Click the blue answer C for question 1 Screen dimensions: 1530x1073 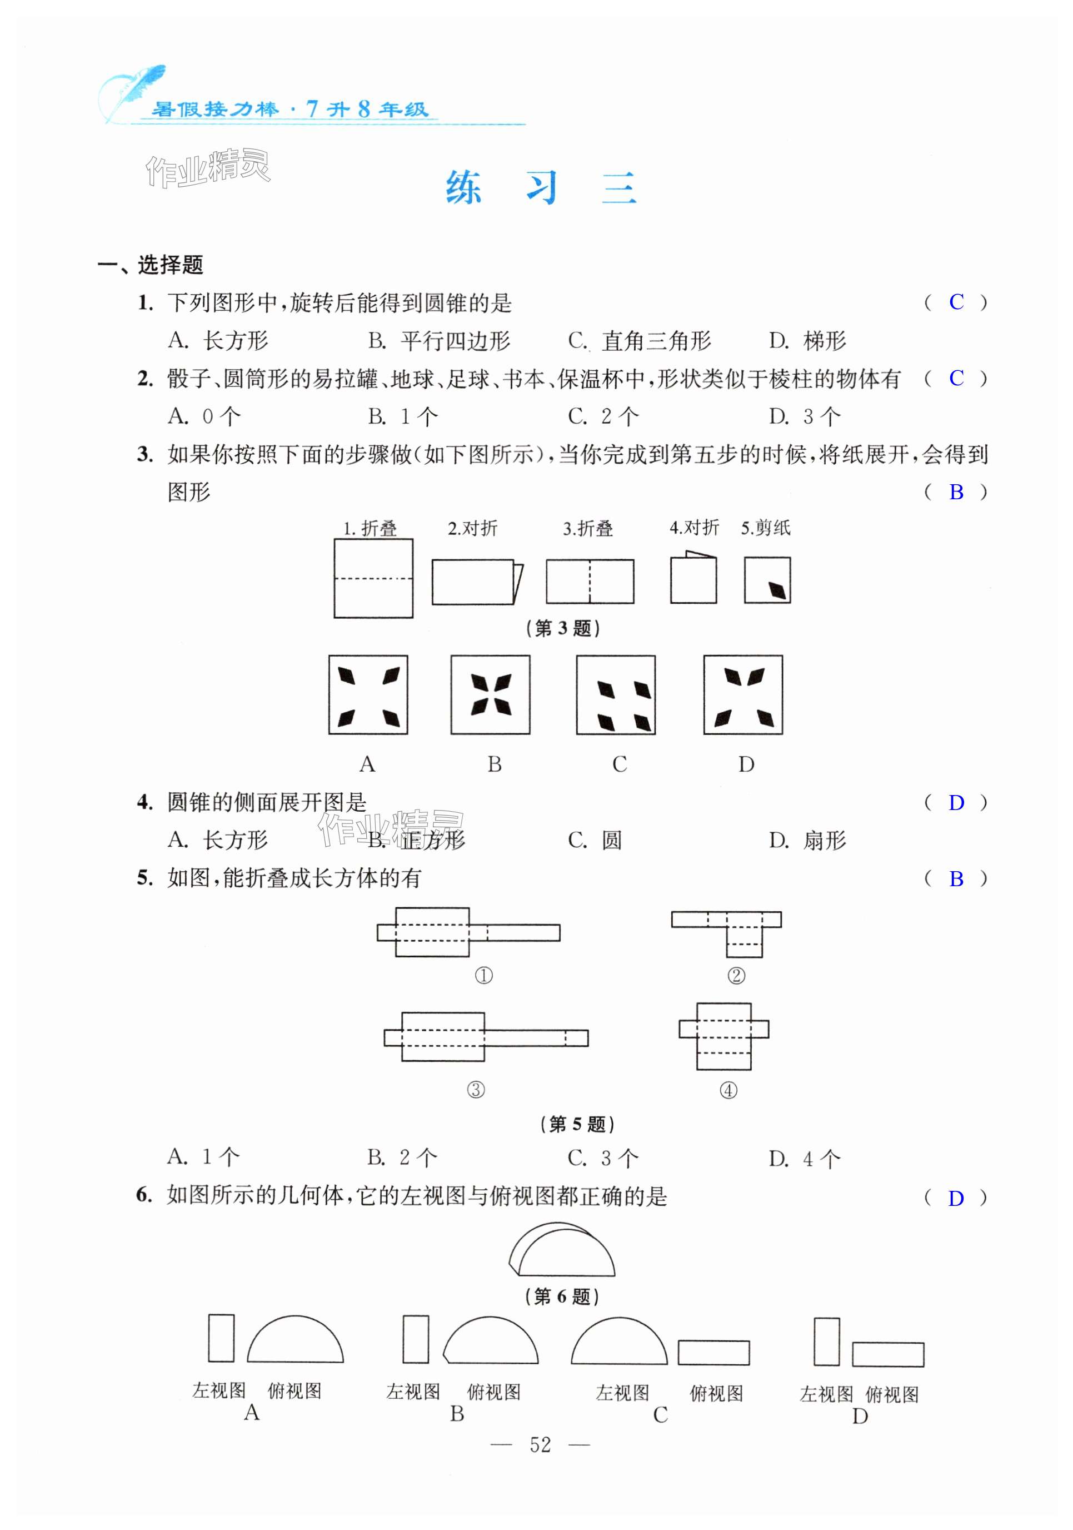point(956,302)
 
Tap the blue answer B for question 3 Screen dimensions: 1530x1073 point(956,492)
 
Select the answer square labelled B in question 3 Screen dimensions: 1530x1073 point(490,694)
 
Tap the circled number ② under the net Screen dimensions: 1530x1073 point(736,976)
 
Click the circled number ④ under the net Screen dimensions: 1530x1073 point(728,1090)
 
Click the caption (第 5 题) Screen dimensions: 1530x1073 point(577,1124)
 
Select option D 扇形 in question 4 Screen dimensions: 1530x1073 point(807,840)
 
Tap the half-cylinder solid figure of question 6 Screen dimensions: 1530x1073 point(561,1250)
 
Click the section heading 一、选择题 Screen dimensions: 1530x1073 point(151,265)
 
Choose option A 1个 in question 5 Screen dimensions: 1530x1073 point(203,1158)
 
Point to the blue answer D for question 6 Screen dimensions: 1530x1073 point(956,1198)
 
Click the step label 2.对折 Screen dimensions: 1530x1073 point(472,528)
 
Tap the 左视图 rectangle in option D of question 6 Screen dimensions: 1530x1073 point(827,1341)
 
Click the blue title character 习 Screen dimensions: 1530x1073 point(541,187)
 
